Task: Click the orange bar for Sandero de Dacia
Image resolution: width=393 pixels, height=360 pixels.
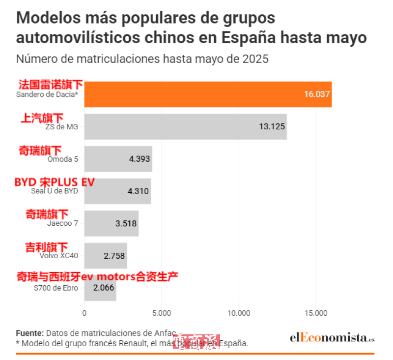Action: click(x=208, y=94)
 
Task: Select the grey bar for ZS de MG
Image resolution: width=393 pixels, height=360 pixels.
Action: click(x=185, y=126)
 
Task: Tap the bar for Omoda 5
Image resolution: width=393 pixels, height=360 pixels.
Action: click(x=118, y=159)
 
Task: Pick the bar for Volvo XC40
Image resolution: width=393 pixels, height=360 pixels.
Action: click(x=105, y=255)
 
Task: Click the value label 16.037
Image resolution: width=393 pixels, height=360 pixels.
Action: click(x=316, y=94)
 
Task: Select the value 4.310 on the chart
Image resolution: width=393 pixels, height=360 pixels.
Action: click(x=138, y=191)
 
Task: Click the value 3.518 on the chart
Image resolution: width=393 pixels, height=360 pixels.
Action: click(x=126, y=223)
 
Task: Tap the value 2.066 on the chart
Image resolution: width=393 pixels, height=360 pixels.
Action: click(x=104, y=288)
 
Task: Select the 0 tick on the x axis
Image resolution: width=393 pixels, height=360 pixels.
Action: click(x=84, y=313)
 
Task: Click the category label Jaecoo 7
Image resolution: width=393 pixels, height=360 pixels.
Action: click(x=62, y=223)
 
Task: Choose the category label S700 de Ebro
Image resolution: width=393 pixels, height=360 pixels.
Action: click(x=56, y=288)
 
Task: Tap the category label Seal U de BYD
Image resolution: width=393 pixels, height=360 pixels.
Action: click(x=54, y=191)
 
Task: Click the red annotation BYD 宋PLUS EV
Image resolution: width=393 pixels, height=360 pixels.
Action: click(x=55, y=182)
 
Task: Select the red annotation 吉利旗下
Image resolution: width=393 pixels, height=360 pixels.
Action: click(x=46, y=247)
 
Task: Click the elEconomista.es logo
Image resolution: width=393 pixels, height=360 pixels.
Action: click(x=332, y=338)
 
